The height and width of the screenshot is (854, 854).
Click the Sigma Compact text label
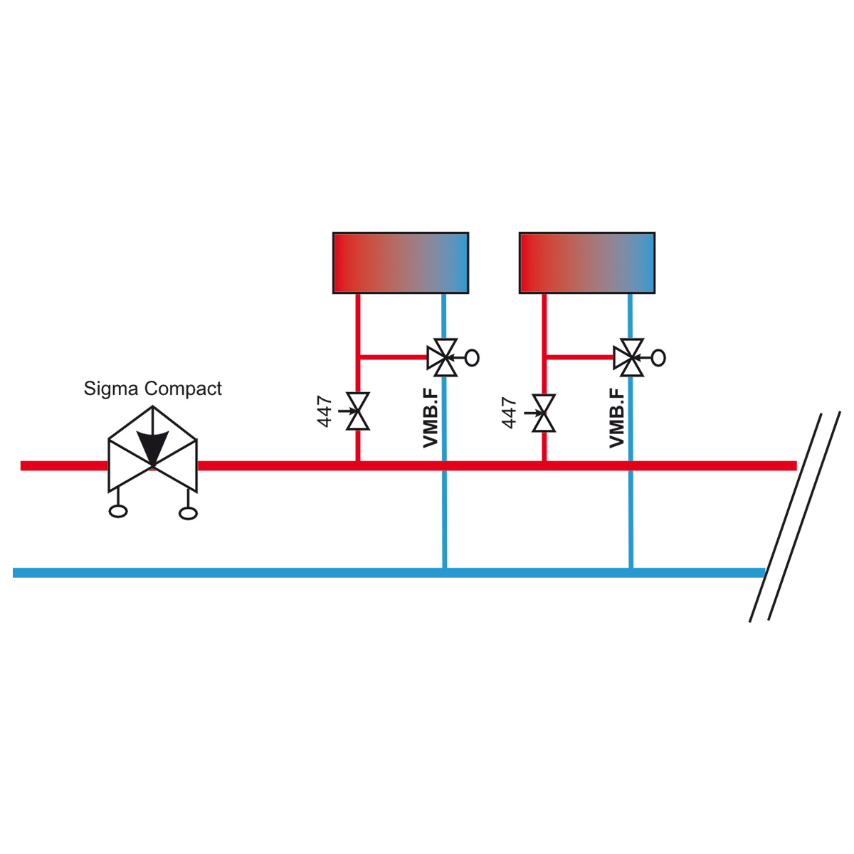tap(152, 389)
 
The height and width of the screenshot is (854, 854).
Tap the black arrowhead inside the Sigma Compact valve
tap(152, 447)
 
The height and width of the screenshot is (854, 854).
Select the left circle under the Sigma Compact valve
tap(118, 512)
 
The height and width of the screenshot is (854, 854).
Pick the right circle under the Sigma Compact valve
tap(188, 513)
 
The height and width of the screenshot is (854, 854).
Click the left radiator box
tap(401, 263)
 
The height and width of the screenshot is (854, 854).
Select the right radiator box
tap(586, 263)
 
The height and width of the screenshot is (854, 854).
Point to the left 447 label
tap(325, 411)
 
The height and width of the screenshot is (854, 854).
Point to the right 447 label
tap(510, 413)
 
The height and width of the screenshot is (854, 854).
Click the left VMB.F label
tap(431, 418)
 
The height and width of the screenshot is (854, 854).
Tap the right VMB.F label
tap(616, 418)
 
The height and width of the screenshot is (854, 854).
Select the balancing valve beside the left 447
tap(358, 411)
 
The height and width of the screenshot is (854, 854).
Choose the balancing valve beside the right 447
tap(544, 413)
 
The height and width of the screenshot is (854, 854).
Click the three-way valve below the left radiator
tap(445, 358)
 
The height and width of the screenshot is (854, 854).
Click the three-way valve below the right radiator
tap(631, 358)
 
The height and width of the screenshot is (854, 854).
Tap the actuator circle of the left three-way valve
tap(473, 358)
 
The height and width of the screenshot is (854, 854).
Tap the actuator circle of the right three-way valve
tap(659, 358)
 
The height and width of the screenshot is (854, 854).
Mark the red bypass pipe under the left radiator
tap(394, 357)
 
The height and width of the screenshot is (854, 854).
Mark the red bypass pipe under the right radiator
tap(580, 357)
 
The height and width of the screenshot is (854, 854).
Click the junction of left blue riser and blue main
tap(445, 572)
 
